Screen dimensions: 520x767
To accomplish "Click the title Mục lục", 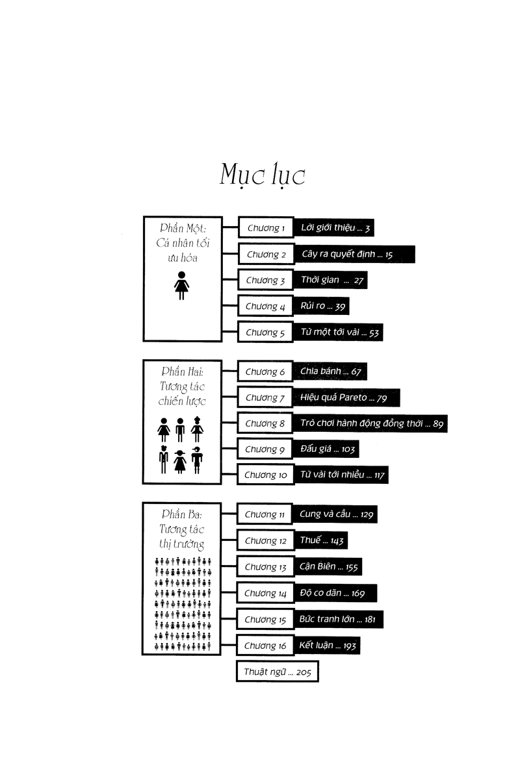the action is click(x=263, y=175).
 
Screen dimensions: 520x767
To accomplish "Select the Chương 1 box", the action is click(x=266, y=227).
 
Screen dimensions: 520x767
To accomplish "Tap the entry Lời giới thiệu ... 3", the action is click(x=335, y=227).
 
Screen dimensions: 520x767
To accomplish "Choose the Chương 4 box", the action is click(x=265, y=306).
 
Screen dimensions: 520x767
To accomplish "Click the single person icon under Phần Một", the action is click(x=181, y=286).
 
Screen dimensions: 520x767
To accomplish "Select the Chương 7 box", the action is click(x=265, y=397).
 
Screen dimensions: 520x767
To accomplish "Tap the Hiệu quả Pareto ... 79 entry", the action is click(x=346, y=397).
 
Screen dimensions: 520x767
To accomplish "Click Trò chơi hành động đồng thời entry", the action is click(x=370, y=423).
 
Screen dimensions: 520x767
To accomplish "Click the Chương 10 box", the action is click(x=265, y=475).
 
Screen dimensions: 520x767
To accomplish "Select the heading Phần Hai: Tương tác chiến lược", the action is click(x=182, y=386).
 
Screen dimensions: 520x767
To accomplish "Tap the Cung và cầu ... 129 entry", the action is click(x=335, y=514).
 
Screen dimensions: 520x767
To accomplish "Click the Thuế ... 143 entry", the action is click(x=321, y=540).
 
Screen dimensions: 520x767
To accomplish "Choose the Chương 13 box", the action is click(x=265, y=567).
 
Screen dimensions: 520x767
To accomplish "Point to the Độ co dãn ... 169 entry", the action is click(x=336, y=594).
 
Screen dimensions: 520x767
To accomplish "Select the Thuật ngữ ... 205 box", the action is click(x=277, y=672).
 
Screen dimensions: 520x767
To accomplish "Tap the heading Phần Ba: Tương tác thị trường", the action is click(x=181, y=529).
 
